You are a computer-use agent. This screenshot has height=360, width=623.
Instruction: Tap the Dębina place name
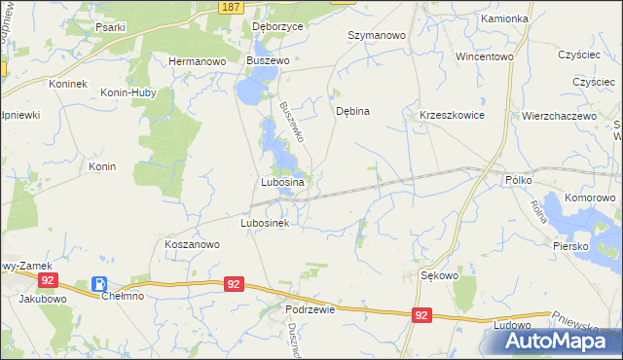pyautogui.click(x=352, y=111)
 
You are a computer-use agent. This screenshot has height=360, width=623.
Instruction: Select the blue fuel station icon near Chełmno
pyautogui.click(x=98, y=283)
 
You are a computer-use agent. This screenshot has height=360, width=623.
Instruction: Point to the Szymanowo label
pyautogui.click(x=376, y=35)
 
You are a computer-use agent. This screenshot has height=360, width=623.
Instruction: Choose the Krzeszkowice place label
pyautogui.click(x=452, y=115)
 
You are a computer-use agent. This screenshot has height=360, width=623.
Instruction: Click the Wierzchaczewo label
pyautogui.click(x=559, y=115)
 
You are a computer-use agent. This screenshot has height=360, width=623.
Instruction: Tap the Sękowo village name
pyautogui.click(x=439, y=275)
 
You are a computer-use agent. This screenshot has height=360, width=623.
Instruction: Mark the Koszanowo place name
pyautogui.click(x=192, y=245)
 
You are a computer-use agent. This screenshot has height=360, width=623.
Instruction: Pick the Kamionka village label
pyautogui.click(x=503, y=19)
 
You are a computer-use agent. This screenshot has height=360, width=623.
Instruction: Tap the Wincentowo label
pyautogui.click(x=484, y=56)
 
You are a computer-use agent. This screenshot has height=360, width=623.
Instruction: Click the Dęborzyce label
pyautogui.click(x=277, y=27)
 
